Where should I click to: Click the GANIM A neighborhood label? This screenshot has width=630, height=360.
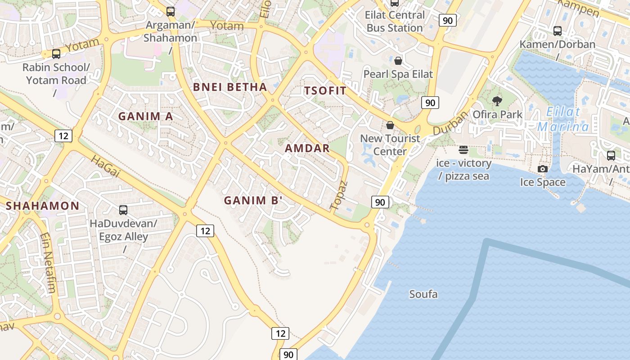coord(145,116)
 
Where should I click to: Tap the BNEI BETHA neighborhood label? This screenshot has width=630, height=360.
coord(230,87)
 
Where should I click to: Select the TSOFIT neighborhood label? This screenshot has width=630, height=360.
coord(325,90)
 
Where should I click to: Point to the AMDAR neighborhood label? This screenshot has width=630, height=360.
coord(307,148)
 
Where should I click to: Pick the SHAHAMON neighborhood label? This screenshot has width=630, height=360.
coord(43,206)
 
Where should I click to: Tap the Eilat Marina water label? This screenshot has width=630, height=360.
coord(563,119)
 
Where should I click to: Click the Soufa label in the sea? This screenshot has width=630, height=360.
coord(423,294)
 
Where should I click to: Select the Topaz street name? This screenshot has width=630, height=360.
coord(339,196)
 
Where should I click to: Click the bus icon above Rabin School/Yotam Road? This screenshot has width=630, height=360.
coord(56,54)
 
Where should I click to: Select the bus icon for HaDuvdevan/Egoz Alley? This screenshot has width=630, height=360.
coord(123,210)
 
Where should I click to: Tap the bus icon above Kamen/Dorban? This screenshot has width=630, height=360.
coord(557,31)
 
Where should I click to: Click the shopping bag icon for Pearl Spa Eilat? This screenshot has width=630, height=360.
coord(398,61)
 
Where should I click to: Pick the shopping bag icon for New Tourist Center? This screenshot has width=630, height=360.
coord(390,125)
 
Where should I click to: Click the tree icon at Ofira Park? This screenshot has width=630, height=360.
coord(497,101)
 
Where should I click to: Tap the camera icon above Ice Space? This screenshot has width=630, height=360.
coord(543,169)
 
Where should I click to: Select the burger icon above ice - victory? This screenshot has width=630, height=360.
coord(463,150)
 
